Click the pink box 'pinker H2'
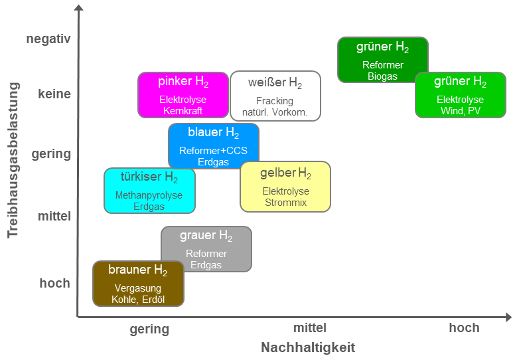pyautogui.click(x=183, y=95)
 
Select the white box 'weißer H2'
pyautogui.click(x=275, y=96)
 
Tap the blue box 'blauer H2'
pyautogui.click(x=214, y=145)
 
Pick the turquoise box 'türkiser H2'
pyautogui.click(x=149, y=190)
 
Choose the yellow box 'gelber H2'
pyautogui.click(x=285, y=186)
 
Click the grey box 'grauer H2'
pyautogui.click(x=206, y=248)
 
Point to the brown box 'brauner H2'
pyautogui.click(x=138, y=284)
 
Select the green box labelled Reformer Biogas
pyautogui.click(x=383, y=60)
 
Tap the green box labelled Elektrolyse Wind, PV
pyautogui.click(x=461, y=95)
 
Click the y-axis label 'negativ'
pyautogui.click(x=48, y=39)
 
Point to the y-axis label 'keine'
pyautogui.click(x=54, y=94)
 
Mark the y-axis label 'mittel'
pyautogui.click(x=54, y=216)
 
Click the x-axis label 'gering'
pyautogui.click(x=149, y=329)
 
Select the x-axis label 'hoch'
pyautogui.click(x=464, y=328)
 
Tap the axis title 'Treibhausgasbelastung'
pyautogui.click(x=13, y=159)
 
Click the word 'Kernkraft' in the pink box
pyautogui.click(x=183, y=111)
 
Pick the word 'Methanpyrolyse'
pyautogui.click(x=149, y=196)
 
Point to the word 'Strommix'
pyautogui.click(x=285, y=202)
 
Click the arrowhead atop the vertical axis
pyautogui.click(x=78, y=8)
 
